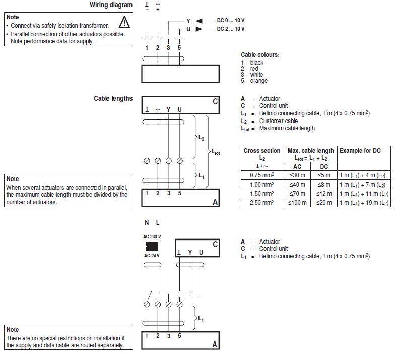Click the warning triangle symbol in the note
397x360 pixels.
point(124,22)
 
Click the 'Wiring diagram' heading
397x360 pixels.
point(111,5)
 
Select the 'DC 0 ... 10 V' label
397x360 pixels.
point(231,20)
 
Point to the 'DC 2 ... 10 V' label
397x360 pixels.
point(231,29)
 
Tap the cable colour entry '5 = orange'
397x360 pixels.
point(254,81)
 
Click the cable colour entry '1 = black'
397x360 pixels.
point(252,63)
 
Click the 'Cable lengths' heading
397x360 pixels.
point(113,98)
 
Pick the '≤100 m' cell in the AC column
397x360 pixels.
point(298,202)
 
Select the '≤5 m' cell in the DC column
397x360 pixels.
point(324,175)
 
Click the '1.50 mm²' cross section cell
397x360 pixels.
point(262,193)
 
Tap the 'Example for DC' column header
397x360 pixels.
point(360,151)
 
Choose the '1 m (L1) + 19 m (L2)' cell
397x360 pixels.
point(364,202)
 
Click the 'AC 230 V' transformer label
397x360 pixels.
point(152,237)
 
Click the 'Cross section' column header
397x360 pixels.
point(262,151)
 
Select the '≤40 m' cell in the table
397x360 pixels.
point(298,184)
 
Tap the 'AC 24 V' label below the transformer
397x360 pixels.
point(152,255)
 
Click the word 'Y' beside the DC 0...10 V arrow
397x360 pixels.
point(188,21)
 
